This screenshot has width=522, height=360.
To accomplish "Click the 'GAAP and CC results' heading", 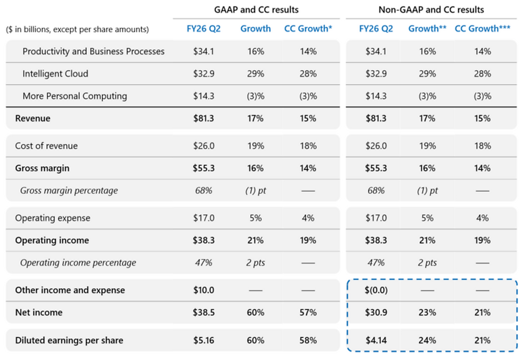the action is tap(256, 10).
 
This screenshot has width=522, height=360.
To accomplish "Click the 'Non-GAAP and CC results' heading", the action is tap(431, 10).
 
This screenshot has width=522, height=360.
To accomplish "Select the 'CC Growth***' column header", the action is tap(483, 29).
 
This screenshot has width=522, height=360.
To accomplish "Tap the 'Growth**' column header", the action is tap(427, 29).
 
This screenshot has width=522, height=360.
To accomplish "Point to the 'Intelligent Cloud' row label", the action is tap(55, 73).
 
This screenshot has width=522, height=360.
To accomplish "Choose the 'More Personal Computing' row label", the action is tap(75, 96).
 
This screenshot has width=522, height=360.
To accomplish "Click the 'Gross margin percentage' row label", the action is tap(69, 191).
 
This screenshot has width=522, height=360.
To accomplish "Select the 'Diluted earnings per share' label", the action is tap(69, 340).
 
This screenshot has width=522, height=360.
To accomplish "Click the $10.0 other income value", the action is tap(203, 290).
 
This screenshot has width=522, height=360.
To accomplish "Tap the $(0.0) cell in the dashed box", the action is tap(376, 290).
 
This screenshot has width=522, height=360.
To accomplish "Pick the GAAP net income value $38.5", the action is tap(203, 313).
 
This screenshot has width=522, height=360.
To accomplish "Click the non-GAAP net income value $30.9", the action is tap(376, 313).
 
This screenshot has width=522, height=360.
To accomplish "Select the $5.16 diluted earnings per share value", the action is tap(203, 340).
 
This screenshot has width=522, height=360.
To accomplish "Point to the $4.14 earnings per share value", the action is tap(376, 340).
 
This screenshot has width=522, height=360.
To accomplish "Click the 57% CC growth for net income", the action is tap(308, 313).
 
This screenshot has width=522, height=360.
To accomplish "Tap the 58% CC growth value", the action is tap(308, 340).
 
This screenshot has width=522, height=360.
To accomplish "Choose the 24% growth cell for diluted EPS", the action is tap(427, 340).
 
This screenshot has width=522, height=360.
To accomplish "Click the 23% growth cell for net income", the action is tap(427, 313).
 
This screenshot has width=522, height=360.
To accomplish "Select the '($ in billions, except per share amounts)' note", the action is tap(77, 29).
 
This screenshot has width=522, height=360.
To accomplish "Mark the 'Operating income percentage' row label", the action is tap(78, 263).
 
